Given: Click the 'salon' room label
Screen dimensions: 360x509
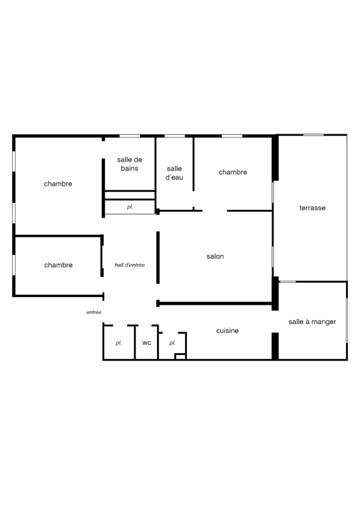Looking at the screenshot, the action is [x=215, y=256].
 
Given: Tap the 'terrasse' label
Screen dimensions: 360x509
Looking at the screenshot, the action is [x=312, y=208].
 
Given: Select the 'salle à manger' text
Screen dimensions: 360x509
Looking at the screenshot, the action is [x=312, y=322].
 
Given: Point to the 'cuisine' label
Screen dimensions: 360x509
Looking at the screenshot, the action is [x=227, y=330].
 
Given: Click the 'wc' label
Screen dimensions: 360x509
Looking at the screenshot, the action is [x=147, y=343].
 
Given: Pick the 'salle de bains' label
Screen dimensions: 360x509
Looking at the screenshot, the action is [x=130, y=164].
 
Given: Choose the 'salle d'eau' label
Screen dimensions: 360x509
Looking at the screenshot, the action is [x=174, y=173].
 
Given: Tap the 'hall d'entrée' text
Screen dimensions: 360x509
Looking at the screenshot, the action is [x=130, y=265].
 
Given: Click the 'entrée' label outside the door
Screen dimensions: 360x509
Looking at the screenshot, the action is [x=93, y=312].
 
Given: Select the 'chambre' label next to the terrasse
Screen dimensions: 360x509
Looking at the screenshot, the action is [x=233, y=172].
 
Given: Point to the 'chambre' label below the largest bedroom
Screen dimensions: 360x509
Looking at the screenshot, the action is [x=59, y=265].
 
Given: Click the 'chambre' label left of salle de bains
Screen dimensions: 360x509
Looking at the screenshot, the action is [x=58, y=184].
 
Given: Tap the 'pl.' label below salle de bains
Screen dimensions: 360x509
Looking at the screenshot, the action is [x=130, y=207].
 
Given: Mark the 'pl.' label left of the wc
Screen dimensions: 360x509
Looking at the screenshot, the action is [x=118, y=343].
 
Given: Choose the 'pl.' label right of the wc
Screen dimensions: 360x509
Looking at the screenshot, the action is [x=172, y=343].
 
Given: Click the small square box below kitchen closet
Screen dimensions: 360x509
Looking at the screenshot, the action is [x=180, y=357].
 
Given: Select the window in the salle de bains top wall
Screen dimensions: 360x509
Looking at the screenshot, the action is [x=130, y=136].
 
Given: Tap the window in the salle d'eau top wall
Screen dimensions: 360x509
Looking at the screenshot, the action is [x=175, y=136].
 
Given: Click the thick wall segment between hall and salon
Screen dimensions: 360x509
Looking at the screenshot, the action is [x=158, y=258].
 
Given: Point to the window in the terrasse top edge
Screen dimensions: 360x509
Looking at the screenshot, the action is [x=314, y=135].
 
